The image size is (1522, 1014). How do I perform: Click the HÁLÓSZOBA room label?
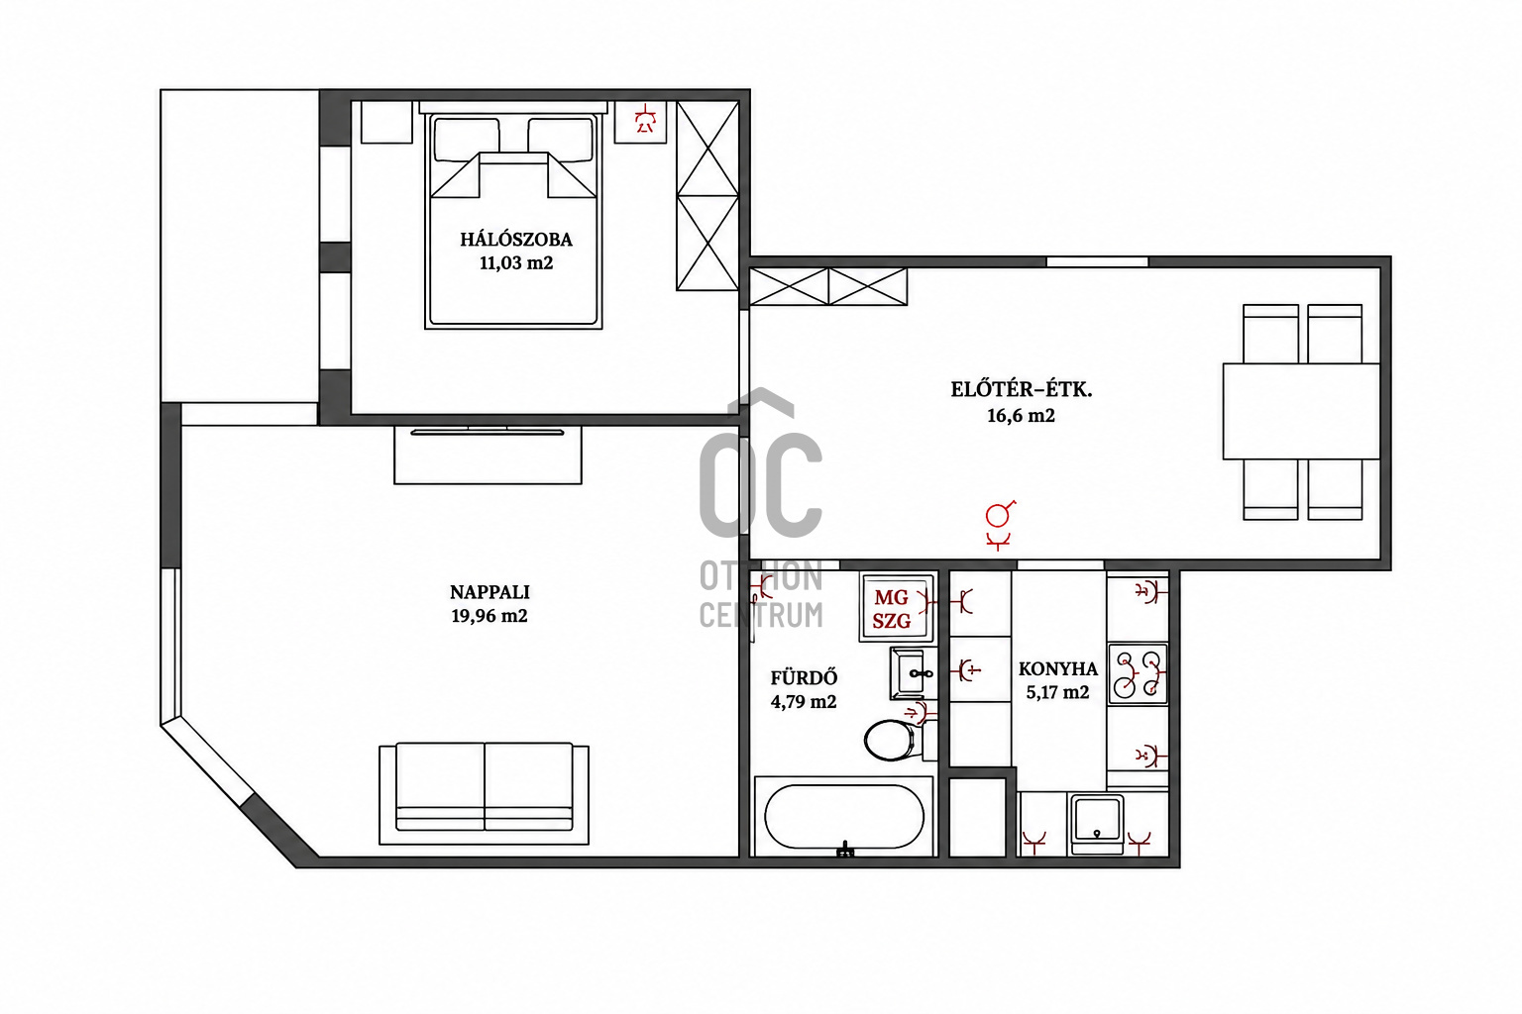pyautogui.click(x=516, y=240)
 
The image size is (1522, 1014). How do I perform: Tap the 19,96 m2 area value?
pyautogui.click(x=489, y=616)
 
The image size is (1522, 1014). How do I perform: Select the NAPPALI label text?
pyautogui.click(x=489, y=592)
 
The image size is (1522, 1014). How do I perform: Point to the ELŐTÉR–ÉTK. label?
pyautogui.click(x=1022, y=390)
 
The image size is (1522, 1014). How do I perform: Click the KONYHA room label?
pyautogui.click(x=1058, y=669)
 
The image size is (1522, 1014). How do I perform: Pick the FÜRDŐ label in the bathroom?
pyautogui.click(x=804, y=677)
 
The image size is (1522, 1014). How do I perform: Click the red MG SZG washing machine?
pyautogui.click(x=897, y=608)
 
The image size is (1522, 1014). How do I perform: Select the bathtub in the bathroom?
pyautogui.click(x=844, y=816)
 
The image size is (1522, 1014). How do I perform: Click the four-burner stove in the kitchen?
pyautogui.click(x=1139, y=673)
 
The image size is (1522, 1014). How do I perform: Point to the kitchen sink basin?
pyautogui.click(x=1097, y=824)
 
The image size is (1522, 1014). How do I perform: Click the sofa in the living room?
pyautogui.click(x=484, y=793)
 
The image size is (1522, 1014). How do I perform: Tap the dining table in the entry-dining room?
pyautogui.click(x=1301, y=412)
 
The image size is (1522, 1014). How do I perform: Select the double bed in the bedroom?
pyautogui.click(x=513, y=216)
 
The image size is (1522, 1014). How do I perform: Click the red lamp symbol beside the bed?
pyautogui.click(x=644, y=121)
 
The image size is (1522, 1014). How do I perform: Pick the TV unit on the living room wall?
pyautogui.click(x=488, y=454)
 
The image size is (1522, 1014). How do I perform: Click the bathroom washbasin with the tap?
pyautogui.click(x=912, y=673)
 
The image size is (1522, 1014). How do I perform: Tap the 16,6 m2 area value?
pyautogui.click(x=1022, y=415)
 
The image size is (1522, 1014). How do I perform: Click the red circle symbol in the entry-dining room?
pyautogui.click(x=998, y=516)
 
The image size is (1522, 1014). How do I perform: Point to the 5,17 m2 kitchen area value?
pyautogui.click(x=1058, y=693)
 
